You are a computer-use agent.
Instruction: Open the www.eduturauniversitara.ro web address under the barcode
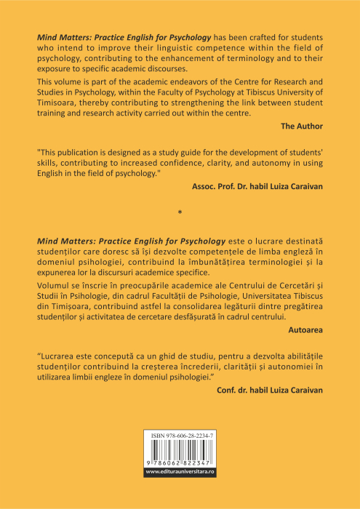coord(180,472)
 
